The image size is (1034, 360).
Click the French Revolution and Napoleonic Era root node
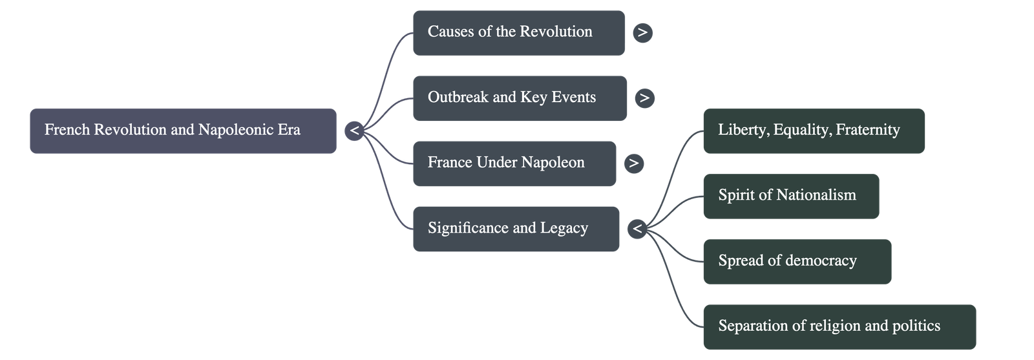coord(183,131)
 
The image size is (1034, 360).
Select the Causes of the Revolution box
coord(518,32)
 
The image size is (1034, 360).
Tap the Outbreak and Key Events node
coord(520,98)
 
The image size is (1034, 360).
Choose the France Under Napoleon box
coord(514,163)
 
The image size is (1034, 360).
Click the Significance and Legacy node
coord(516,229)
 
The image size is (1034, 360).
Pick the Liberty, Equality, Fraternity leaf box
coord(813,131)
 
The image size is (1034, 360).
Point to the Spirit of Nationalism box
coord(790,196)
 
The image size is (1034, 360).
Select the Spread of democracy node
coord(797,261)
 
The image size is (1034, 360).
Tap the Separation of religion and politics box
coord(839,326)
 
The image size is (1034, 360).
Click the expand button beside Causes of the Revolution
coord(642,32)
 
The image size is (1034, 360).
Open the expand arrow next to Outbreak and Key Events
coord(644,98)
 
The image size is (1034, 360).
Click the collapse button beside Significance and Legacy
coord(637,229)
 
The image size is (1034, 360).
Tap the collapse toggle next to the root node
coord(354,131)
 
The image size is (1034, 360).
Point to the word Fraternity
coord(867,131)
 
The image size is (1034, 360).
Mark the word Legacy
coord(564,229)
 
